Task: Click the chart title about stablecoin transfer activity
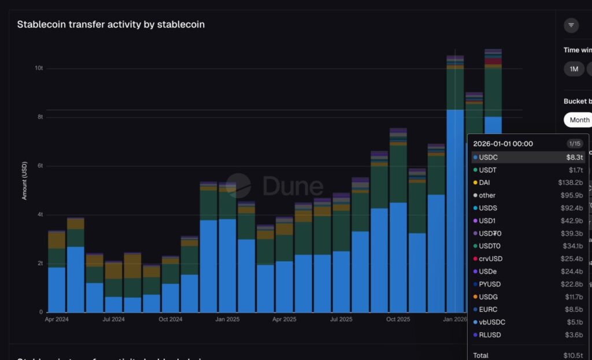(110, 24)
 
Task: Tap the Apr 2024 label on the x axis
(57, 319)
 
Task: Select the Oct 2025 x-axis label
(398, 319)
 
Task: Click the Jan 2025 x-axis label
(228, 319)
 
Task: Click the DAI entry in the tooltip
(484, 183)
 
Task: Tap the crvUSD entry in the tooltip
(490, 259)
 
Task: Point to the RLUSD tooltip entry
(489, 335)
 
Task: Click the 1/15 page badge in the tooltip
(574, 143)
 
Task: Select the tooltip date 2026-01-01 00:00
(503, 143)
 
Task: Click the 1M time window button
(573, 69)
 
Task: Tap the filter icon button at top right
(571, 25)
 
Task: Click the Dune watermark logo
(275, 185)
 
